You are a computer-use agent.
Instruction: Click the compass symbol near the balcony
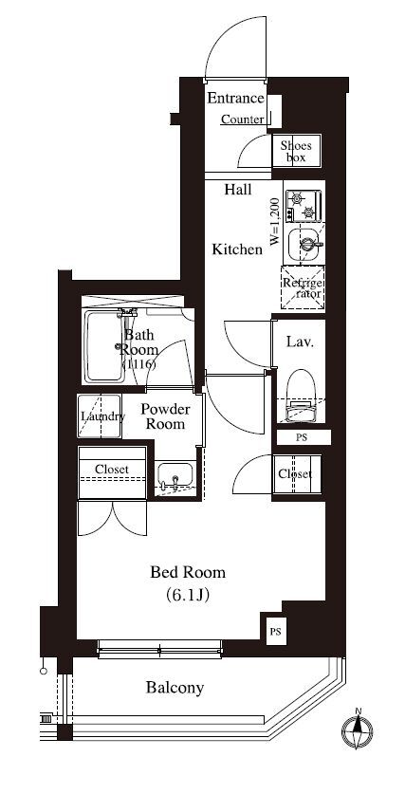(x=358, y=729)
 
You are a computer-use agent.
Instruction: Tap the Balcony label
(x=175, y=688)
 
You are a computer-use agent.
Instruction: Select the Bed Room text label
(x=188, y=573)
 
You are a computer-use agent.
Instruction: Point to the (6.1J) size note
(x=187, y=596)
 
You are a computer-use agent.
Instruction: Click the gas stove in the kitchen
(x=304, y=206)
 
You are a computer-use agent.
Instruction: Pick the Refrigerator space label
(x=303, y=288)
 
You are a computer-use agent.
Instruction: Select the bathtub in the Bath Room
(x=103, y=347)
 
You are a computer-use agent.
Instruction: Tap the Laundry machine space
(x=100, y=416)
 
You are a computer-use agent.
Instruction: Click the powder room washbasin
(x=175, y=476)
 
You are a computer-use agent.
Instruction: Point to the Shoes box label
(x=296, y=152)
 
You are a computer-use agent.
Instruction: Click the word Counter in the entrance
(x=243, y=120)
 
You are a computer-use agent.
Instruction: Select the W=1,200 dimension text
(x=275, y=222)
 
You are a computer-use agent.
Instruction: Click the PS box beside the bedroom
(x=275, y=632)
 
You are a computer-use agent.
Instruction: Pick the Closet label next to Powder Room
(x=112, y=470)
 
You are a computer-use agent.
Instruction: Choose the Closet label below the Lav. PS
(x=295, y=474)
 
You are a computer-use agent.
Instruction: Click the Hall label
(x=238, y=190)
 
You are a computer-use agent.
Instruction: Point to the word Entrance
(x=236, y=99)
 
